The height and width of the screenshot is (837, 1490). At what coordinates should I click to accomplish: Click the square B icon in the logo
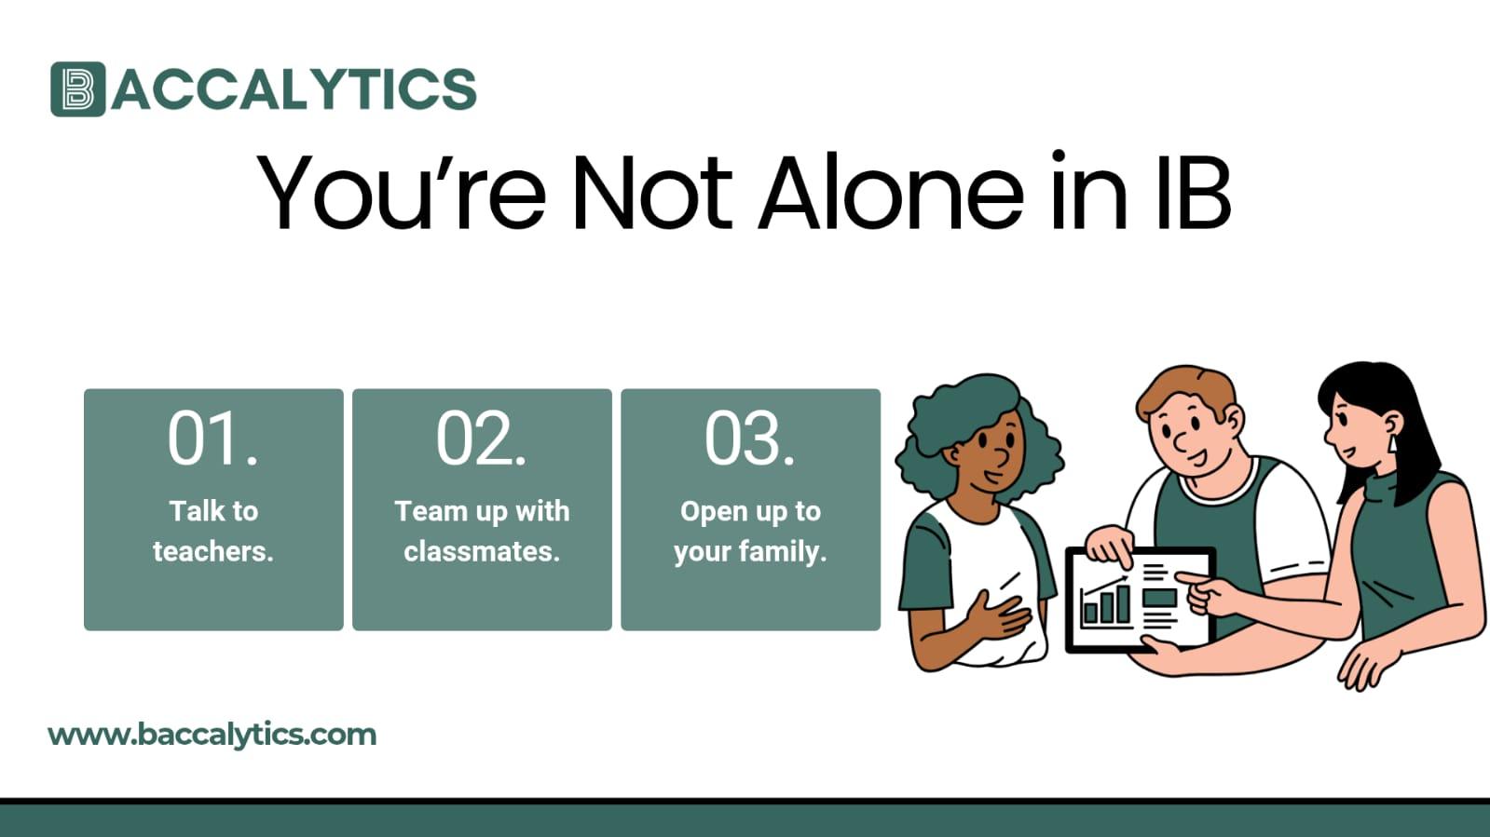pyautogui.click(x=77, y=89)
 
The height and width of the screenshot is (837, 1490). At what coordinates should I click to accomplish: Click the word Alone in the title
pyautogui.click(x=891, y=193)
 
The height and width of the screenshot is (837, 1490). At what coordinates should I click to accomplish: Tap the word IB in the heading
pyautogui.click(x=1193, y=193)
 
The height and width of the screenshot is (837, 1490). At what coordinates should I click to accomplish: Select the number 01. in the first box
pyautogui.click(x=212, y=439)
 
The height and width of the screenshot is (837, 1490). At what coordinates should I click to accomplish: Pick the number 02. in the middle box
pyautogui.click(x=481, y=439)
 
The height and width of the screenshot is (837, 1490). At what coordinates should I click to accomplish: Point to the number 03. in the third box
pyautogui.click(x=749, y=439)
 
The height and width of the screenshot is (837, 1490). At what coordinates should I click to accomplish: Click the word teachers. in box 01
pyautogui.click(x=212, y=551)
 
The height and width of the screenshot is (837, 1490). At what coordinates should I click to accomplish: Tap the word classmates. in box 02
pyautogui.click(x=482, y=551)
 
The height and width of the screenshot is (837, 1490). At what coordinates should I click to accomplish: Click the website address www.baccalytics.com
pyautogui.click(x=212, y=735)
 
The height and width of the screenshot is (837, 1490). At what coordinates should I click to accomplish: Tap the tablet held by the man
pyautogui.click(x=1140, y=601)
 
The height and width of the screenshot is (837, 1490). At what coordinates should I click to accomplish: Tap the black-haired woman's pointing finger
pyautogui.click(x=1188, y=579)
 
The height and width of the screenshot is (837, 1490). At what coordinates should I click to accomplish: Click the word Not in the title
pyautogui.click(x=651, y=193)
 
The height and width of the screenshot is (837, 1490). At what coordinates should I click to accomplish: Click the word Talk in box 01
pyautogui.click(x=194, y=511)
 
